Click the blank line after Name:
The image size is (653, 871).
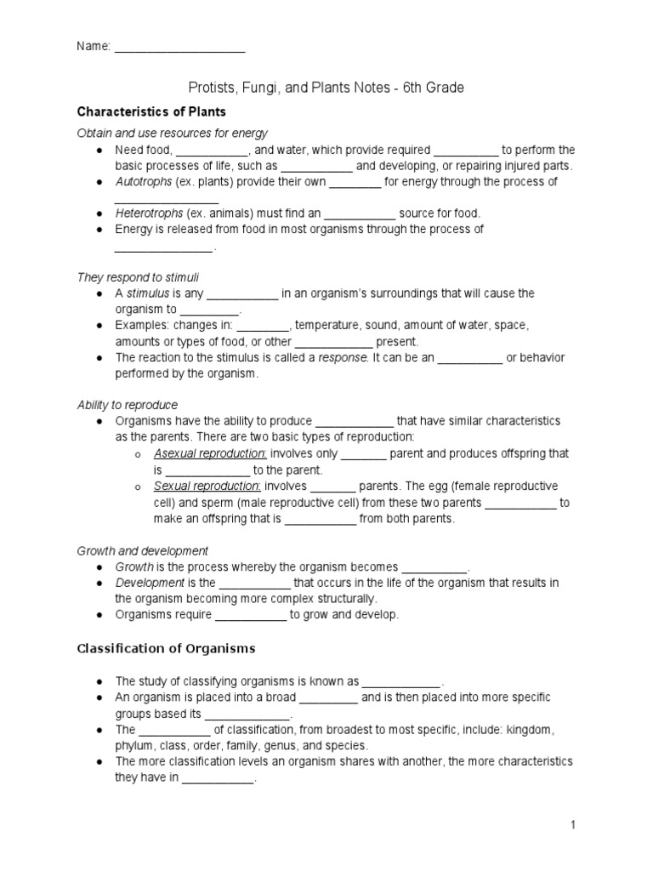179,48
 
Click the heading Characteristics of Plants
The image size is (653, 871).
151,111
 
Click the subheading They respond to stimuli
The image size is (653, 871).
138,277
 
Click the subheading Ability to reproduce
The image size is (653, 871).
128,405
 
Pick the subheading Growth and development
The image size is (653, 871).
142,551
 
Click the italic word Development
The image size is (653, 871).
150,583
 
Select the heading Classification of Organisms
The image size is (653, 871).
166,648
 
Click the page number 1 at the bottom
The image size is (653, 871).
573,825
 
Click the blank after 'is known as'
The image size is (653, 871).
401,681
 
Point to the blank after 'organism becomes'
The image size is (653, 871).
434,567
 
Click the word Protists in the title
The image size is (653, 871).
208,88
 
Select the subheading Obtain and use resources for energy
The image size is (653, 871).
173,134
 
